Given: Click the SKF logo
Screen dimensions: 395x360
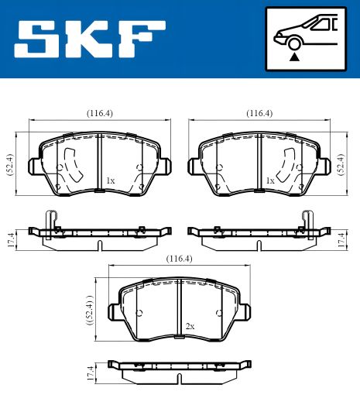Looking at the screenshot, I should (x=91, y=39).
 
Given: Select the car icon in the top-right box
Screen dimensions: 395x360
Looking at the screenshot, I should (x=304, y=34).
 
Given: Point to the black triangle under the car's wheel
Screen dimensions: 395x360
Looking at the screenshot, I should (x=293, y=56).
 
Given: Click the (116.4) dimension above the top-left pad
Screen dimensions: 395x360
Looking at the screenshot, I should (x=99, y=113).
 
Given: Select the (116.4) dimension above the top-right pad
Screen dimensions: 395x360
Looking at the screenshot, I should (x=259, y=113).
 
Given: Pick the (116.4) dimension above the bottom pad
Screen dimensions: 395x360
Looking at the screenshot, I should (x=179, y=259).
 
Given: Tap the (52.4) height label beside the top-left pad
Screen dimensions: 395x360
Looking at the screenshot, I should (x=9, y=164).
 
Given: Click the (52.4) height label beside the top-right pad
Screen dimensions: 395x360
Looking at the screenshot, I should (x=341, y=164).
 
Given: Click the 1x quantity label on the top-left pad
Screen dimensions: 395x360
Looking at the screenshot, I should (x=110, y=180).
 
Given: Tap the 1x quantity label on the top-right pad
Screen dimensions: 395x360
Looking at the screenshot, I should (x=270, y=180).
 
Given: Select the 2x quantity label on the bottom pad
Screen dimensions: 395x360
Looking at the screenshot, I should (x=190, y=327).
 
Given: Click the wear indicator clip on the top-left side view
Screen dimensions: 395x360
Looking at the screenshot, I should (x=51, y=223).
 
